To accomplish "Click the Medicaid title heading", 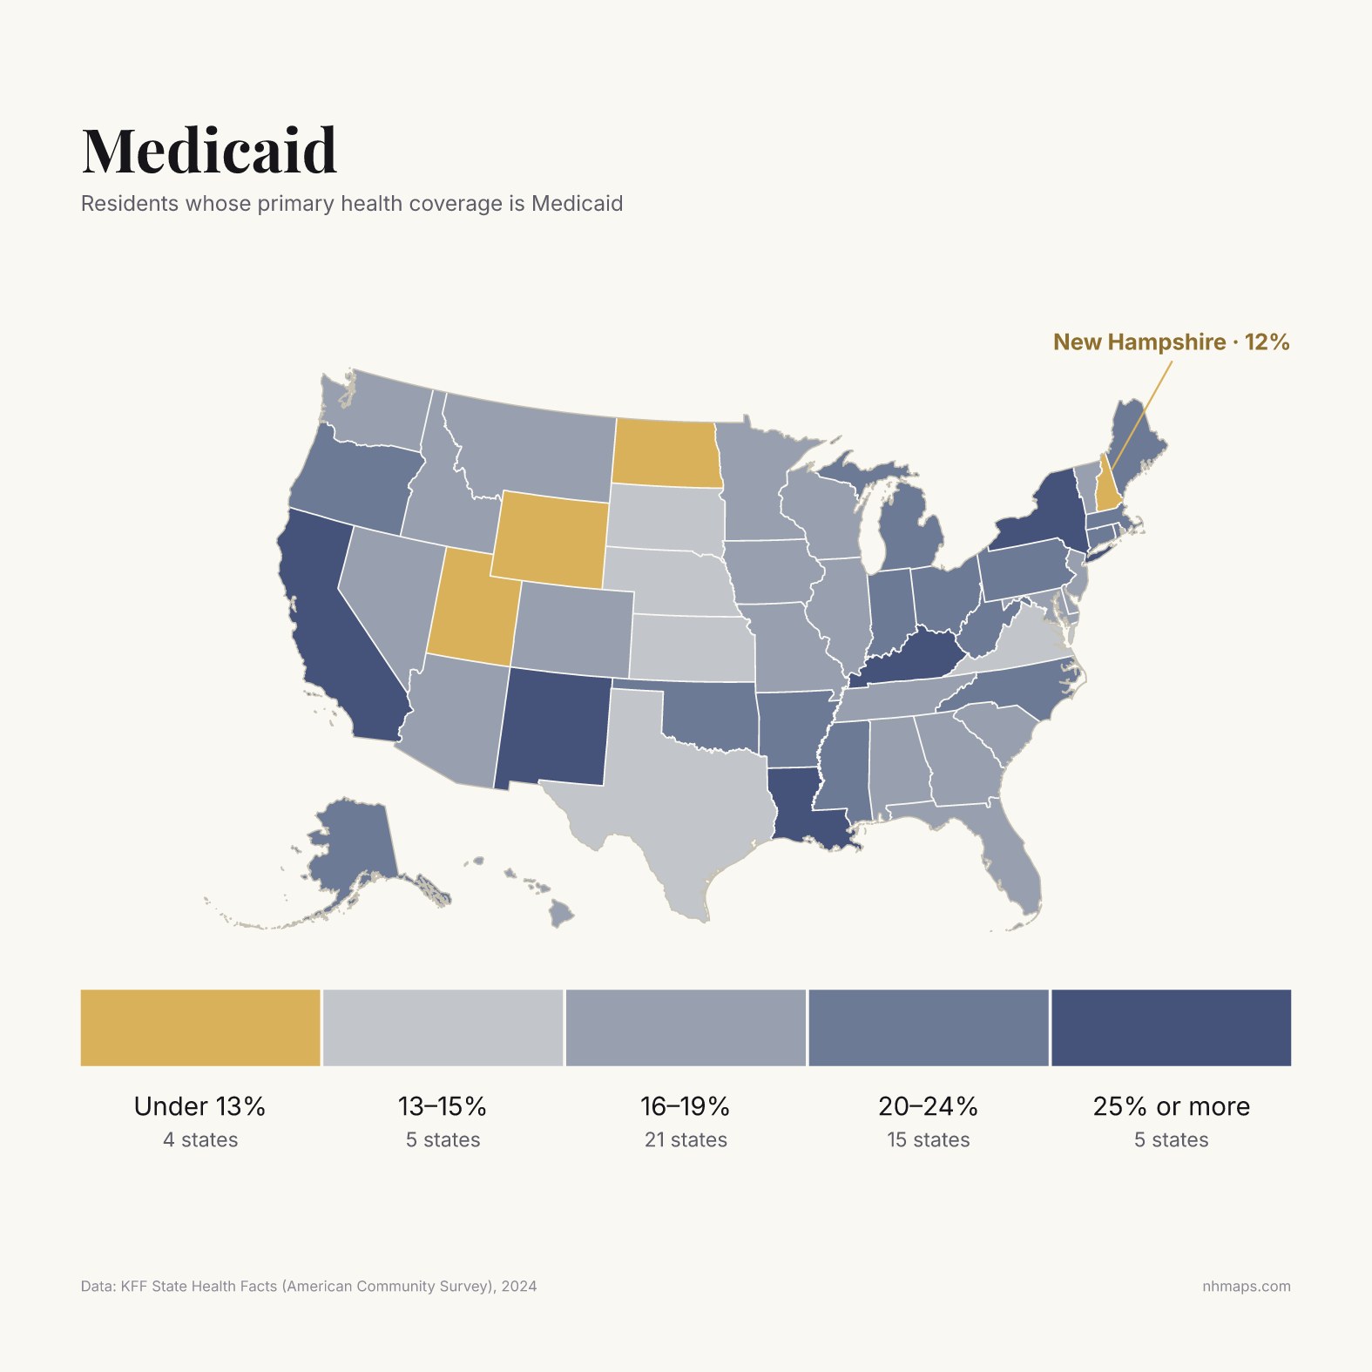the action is (209, 151).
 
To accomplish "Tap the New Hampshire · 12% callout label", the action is (1171, 342).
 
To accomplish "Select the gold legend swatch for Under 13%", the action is (200, 1027).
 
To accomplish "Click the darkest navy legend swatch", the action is (1171, 1027).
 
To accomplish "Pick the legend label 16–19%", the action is (686, 1106).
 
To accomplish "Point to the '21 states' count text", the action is (686, 1139).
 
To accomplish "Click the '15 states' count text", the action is (929, 1139).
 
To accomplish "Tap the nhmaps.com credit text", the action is (1247, 1287).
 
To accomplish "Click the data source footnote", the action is (309, 1287).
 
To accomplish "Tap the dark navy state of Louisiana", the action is (806, 806).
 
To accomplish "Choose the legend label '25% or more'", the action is (1171, 1106).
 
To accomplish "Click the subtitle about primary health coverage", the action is (352, 204).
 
